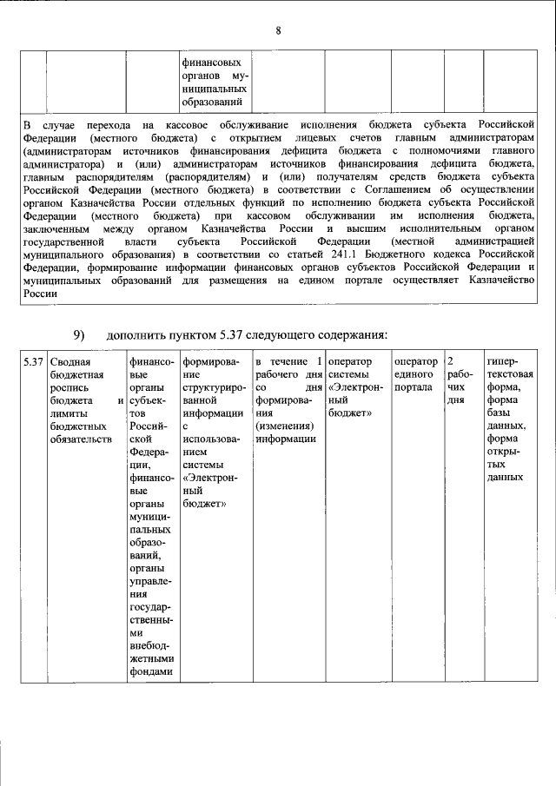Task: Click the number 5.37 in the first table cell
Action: pos(33,361)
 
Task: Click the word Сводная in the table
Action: pos(69,361)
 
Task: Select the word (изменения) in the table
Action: pos(285,426)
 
